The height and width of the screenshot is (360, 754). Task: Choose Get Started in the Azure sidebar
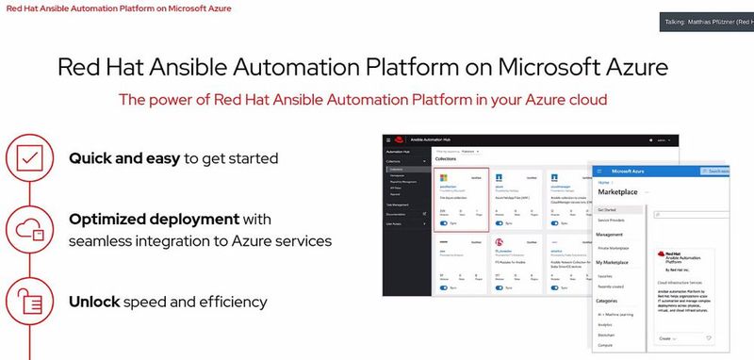(608, 209)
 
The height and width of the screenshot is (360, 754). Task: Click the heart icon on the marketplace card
(709, 337)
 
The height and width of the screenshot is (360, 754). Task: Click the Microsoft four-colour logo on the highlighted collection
(441, 177)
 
